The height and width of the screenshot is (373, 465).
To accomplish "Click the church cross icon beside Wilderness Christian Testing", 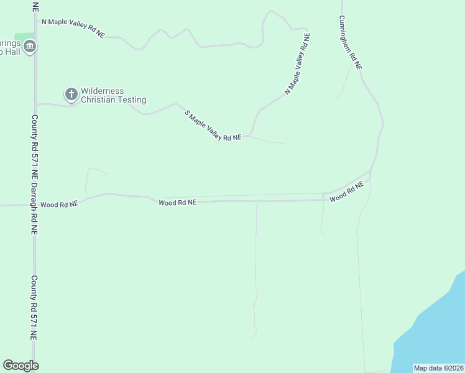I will coord(71,94).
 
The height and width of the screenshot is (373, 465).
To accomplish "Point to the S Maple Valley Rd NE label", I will coord(213,126).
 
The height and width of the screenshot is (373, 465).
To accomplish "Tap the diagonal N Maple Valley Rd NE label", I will coord(298,64).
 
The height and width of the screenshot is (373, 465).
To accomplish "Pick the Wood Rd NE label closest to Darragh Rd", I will coord(59,204).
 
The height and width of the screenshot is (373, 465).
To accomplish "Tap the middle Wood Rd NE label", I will coord(177,202).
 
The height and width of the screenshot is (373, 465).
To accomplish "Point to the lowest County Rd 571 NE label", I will coord(35,308).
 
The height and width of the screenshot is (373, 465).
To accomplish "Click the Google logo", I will coord(21,366).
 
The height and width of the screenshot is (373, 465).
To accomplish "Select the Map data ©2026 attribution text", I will coord(438,368).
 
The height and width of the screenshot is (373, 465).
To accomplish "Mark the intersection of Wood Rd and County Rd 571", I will coord(35,204).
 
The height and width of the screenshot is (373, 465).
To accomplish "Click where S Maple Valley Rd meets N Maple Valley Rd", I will coord(250,135).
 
